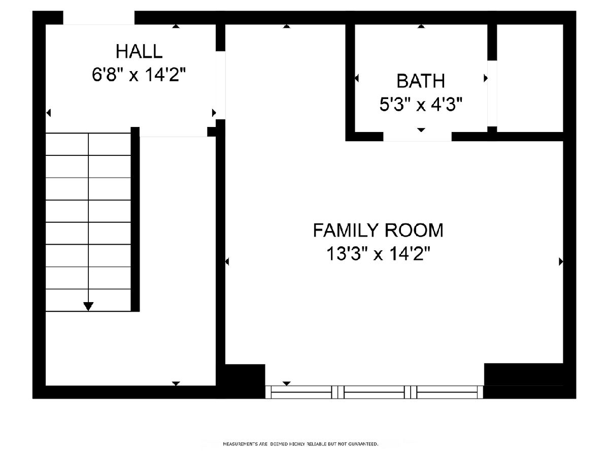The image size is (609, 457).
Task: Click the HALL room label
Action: point(139,52)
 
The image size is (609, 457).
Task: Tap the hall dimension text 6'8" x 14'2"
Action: point(139,75)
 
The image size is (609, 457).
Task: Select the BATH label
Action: point(421,81)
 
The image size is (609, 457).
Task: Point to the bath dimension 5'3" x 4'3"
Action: point(421,105)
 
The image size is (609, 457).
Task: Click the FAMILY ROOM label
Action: point(378,231)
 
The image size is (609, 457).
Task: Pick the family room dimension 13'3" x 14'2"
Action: point(378,253)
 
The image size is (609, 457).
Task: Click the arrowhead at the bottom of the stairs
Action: point(88,306)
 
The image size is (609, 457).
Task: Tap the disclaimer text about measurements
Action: point(300,444)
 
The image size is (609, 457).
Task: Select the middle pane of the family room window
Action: point(374,392)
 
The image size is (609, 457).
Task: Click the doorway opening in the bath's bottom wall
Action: point(417,137)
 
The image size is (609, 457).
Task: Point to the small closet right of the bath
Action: point(530,78)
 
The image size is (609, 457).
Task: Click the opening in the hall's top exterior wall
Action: point(99,18)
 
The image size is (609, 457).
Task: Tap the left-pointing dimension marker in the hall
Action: point(49,113)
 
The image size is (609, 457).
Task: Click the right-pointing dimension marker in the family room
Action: point(561,262)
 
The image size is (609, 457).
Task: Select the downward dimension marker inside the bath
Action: point(421,130)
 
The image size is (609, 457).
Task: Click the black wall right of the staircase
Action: point(135,219)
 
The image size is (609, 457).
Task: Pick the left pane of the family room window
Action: point(301,392)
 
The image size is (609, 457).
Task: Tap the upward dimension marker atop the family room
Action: point(287,26)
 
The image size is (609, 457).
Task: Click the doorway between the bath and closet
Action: point(492,93)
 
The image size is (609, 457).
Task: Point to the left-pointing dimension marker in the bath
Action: point(357,79)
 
